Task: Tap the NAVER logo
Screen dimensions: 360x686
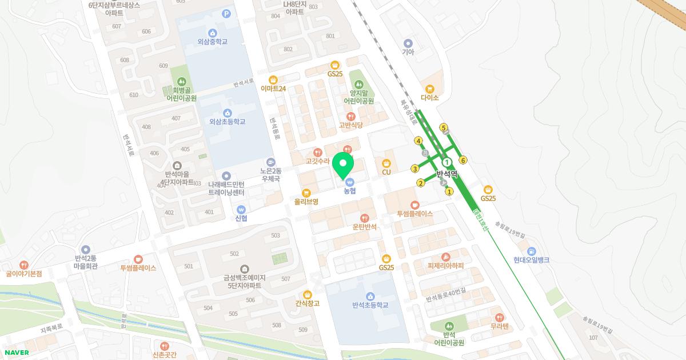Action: (15, 353)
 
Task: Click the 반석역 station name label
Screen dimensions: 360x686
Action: (447, 174)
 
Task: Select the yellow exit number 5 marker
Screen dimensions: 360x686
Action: (444, 127)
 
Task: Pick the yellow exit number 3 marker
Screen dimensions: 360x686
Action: (414, 168)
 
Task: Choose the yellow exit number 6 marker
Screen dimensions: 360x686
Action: (463, 160)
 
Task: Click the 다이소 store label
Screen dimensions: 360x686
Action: (429, 97)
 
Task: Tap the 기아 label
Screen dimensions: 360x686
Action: (408, 51)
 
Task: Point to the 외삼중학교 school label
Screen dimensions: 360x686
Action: (212, 41)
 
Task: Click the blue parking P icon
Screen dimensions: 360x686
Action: (226, 14)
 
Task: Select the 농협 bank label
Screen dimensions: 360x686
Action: (349, 191)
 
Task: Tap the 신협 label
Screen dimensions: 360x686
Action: (241, 218)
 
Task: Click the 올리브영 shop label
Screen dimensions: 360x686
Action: (306, 201)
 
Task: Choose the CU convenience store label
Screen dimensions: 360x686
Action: (386, 172)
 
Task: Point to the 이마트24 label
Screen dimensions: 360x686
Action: (273, 88)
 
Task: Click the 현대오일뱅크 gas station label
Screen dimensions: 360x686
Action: (531, 259)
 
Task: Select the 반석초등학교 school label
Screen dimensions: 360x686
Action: (370, 305)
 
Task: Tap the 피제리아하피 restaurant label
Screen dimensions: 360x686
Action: (445, 265)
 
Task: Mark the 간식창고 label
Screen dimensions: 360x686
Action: (308, 303)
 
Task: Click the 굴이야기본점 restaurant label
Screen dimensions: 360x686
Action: (24, 273)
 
